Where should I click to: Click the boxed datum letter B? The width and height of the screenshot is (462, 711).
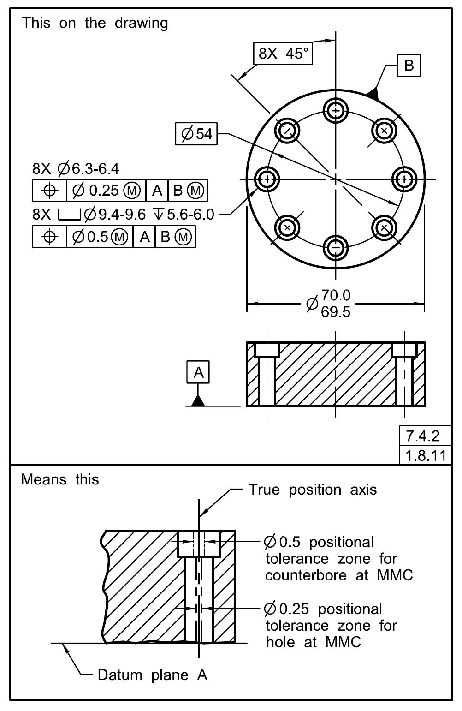point(409,65)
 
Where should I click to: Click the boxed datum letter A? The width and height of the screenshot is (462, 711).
point(198,372)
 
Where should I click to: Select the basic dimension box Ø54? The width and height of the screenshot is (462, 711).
point(196,134)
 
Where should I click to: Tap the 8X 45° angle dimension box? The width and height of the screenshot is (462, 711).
point(283,54)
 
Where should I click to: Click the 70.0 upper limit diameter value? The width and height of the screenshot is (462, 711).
point(336,295)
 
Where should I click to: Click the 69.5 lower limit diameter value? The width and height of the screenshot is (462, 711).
point(336,312)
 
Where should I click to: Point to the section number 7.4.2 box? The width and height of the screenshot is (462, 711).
point(425,436)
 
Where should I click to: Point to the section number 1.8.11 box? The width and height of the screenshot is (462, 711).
point(425,455)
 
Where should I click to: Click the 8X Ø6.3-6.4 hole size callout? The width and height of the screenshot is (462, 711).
point(76,169)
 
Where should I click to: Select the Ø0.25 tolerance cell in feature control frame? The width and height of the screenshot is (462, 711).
point(106,191)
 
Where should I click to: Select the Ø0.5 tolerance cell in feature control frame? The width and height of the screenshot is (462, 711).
point(100,237)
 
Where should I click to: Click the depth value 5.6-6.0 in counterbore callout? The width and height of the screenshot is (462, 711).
point(190,215)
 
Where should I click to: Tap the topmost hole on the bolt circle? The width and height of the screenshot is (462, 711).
point(336,111)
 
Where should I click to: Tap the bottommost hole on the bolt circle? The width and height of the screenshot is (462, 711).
point(336,248)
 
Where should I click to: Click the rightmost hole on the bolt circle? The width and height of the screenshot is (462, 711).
point(404,179)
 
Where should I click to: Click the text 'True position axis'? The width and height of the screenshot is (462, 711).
point(313,490)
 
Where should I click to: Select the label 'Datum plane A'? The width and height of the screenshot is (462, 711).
point(152,675)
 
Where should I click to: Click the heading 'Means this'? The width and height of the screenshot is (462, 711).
point(60,479)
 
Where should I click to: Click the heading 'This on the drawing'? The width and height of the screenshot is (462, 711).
point(95,23)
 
